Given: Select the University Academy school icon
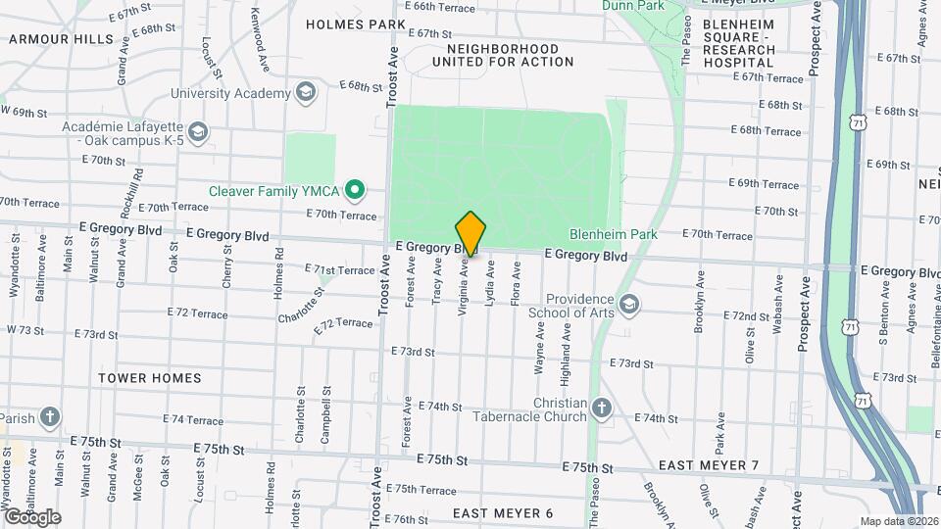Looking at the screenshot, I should (306, 93).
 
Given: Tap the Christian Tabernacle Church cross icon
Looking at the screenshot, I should (602, 408).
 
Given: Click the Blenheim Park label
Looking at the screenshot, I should (614, 234).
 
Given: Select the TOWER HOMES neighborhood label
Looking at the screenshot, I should (150, 378).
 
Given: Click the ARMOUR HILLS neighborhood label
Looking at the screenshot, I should (61, 39).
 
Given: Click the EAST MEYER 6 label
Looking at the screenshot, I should (503, 513).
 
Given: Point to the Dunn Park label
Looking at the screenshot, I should (634, 5).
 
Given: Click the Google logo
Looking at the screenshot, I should (31, 516).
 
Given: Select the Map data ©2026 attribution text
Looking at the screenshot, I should (898, 521).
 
